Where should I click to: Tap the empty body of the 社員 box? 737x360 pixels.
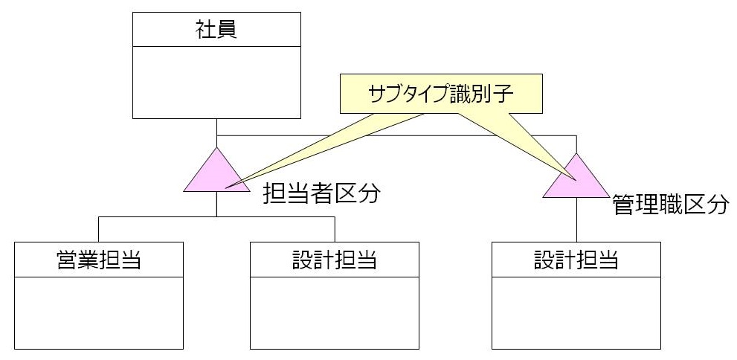pos(216,82)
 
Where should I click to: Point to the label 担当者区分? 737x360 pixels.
pos(321,195)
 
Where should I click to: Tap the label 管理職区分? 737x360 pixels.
pos(669,205)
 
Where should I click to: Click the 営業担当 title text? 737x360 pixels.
pos(99,260)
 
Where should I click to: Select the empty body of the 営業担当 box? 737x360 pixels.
pos(99,312)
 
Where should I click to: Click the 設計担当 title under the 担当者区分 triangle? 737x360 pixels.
pos(334,260)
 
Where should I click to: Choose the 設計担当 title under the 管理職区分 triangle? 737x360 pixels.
pos(576,260)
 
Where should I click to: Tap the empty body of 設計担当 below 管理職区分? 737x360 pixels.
pos(576,312)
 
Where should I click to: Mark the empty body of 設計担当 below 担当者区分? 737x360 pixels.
pos(334,312)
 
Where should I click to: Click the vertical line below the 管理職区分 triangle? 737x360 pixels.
pos(576,220)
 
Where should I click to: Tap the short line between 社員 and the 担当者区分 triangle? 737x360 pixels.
pos(216,132)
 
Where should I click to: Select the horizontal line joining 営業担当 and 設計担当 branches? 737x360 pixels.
pos(216,217)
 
